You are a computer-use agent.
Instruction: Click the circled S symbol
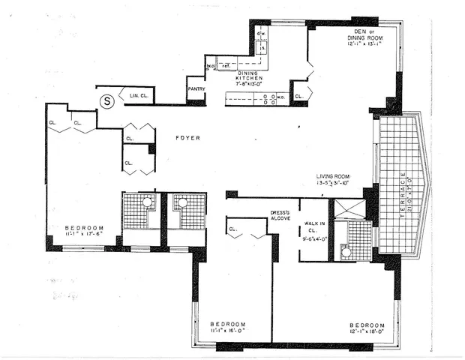point(107,99)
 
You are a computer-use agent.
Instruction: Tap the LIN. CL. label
point(139,96)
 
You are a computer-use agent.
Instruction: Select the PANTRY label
point(196,88)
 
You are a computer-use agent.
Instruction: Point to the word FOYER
point(187,138)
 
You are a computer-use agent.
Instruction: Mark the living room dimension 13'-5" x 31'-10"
point(338,181)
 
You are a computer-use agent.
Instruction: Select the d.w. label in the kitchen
point(262,34)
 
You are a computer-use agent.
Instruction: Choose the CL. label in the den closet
point(299,96)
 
